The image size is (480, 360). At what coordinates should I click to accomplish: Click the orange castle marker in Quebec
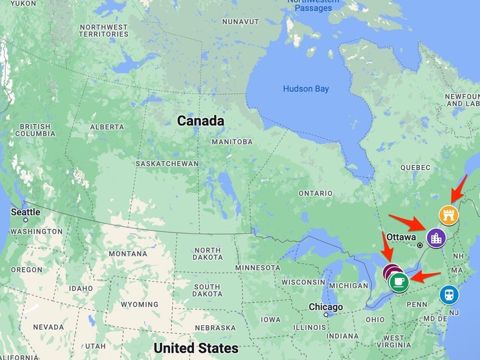(x=448, y=214)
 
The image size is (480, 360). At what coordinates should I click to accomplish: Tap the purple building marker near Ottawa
(x=436, y=237)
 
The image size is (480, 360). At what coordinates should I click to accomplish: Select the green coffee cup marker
(x=398, y=281)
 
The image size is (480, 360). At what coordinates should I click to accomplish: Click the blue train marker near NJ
(x=449, y=295)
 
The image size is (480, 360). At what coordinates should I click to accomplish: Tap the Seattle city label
(x=26, y=212)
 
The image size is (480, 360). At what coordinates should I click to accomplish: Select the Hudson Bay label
(x=306, y=89)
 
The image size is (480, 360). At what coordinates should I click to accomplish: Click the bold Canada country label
(x=201, y=121)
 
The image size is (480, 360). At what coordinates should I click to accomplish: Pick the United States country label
(x=196, y=348)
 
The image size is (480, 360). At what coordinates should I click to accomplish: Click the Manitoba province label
(x=232, y=141)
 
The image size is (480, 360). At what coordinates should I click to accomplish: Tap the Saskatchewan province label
(x=167, y=164)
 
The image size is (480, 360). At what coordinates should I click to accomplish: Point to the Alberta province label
(x=106, y=127)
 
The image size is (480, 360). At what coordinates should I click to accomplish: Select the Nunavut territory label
(x=241, y=21)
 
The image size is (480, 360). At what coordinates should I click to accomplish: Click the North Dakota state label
(x=208, y=254)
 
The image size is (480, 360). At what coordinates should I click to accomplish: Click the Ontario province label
(x=316, y=193)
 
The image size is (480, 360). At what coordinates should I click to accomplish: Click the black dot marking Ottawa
(x=419, y=245)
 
